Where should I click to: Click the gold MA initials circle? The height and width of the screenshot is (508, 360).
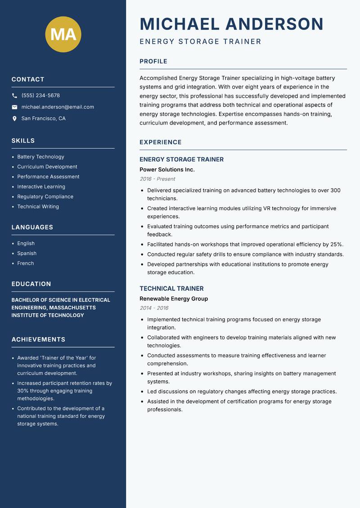click(63, 35)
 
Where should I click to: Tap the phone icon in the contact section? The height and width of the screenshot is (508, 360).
click(14, 96)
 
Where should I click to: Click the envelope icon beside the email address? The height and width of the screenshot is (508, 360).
click(14, 107)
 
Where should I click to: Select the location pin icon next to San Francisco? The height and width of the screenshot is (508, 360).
click(14, 119)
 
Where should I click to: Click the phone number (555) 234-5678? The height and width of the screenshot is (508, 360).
click(40, 96)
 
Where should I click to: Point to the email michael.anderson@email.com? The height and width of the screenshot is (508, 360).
click(58, 107)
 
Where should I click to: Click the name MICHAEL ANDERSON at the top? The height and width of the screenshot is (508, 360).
click(231, 24)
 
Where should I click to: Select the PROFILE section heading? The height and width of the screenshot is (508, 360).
click(153, 62)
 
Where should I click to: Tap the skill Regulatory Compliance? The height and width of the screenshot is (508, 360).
click(45, 196)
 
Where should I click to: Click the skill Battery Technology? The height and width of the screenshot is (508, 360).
click(40, 157)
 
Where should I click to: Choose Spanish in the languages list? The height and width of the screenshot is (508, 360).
click(27, 254)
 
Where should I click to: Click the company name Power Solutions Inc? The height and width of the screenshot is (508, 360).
click(167, 169)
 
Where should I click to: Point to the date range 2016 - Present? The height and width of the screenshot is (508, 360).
click(157, 179)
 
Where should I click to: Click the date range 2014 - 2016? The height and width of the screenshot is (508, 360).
click(154, 308)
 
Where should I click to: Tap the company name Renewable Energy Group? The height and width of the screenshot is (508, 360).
click(174, 299)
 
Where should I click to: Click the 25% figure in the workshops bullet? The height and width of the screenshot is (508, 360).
click(336, 245)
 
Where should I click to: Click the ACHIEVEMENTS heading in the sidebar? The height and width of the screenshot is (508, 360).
click(38, 339)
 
